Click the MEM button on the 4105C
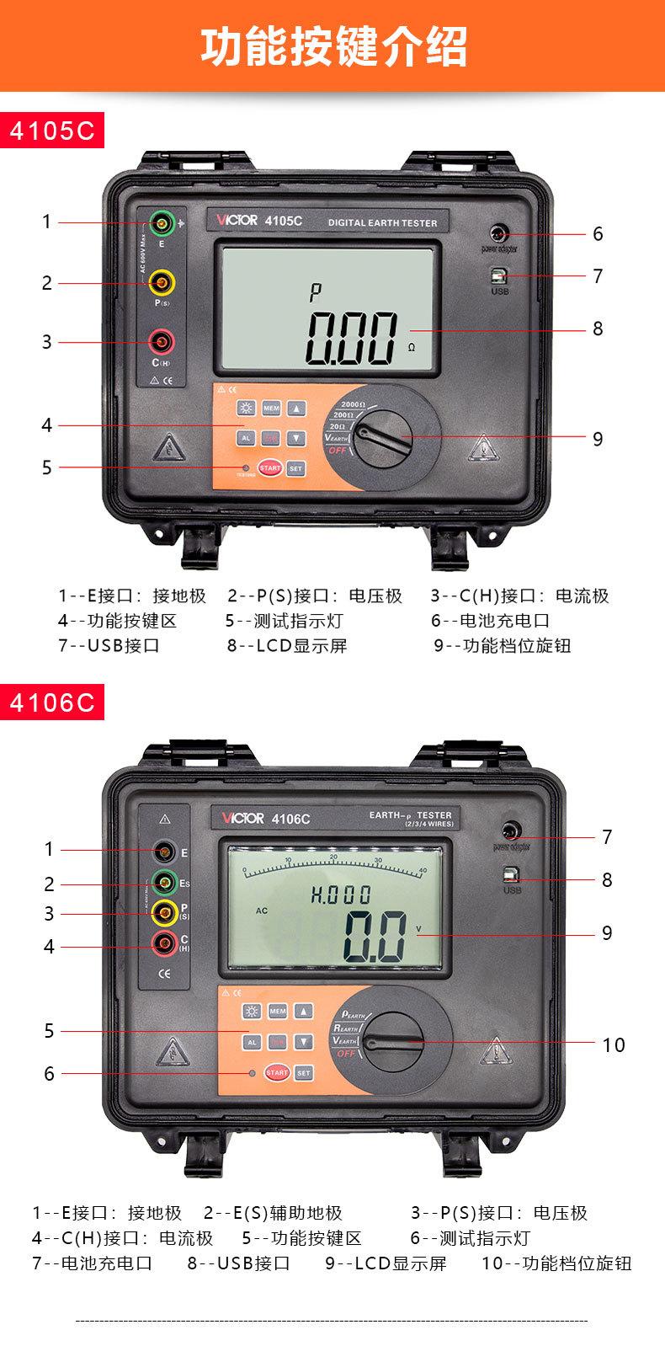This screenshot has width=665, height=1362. click(271, 409)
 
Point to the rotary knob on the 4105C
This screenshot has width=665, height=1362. click(381, 435)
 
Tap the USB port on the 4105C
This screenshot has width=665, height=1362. click(499, 275)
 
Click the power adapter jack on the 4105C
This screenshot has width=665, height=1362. click(499, 232)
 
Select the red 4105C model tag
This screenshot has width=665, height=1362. click(52, 131)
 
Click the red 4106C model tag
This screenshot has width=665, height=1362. click(52, 702)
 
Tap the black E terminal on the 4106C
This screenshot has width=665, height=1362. click(165, 850)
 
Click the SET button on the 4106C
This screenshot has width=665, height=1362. click(304, 1072)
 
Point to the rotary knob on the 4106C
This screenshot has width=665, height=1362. click(391, 1043)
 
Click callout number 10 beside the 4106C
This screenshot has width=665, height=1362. click(614, 1045)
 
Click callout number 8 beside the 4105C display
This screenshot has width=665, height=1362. click(598, 328)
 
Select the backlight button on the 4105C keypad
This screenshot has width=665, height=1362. click(247, 409)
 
